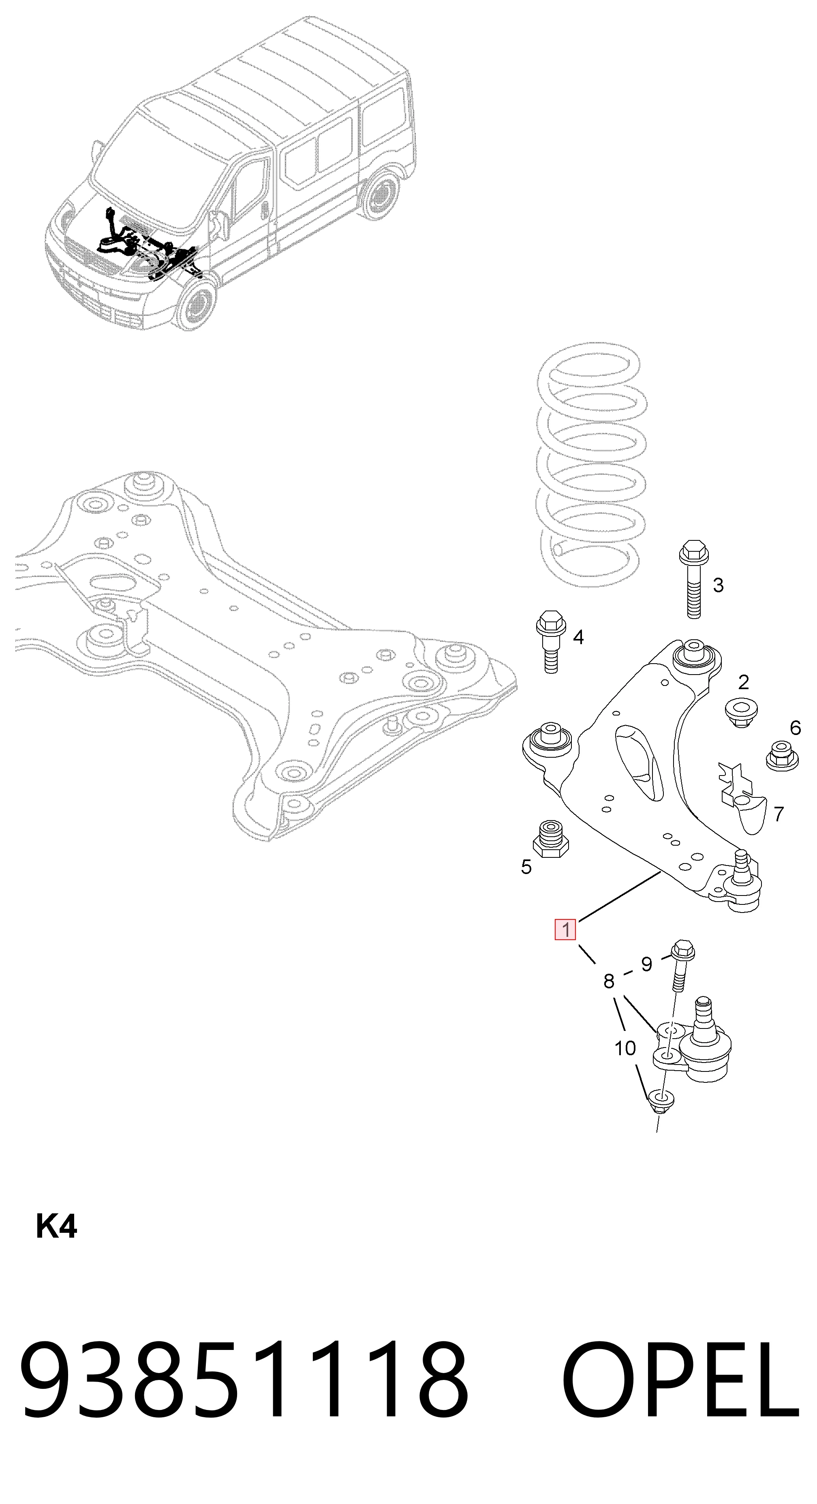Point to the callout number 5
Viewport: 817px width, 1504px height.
coord(526,867)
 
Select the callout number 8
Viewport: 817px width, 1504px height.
coord(609,981)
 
